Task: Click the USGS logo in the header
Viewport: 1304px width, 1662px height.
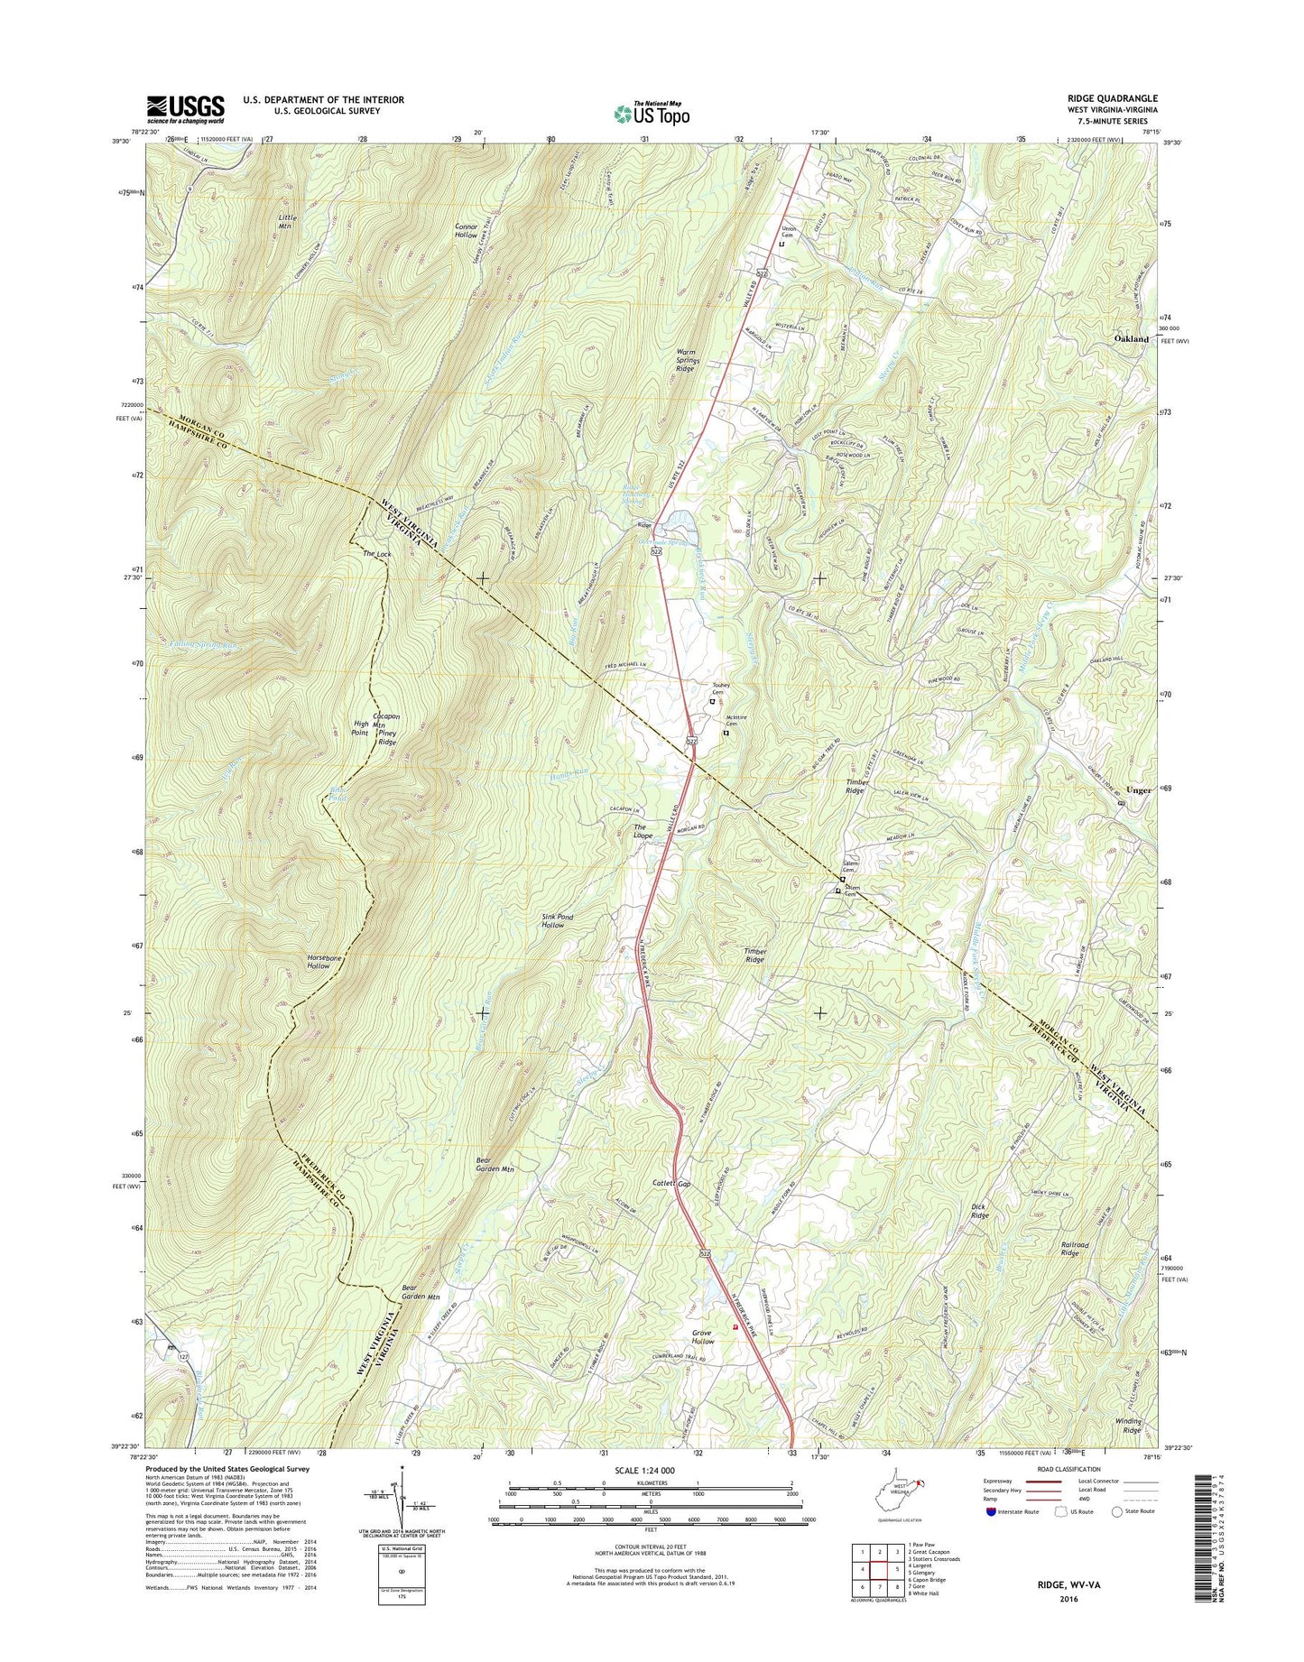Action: click(185, 109)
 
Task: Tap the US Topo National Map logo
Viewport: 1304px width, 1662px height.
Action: click(652, 113)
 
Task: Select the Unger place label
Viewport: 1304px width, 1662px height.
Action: click(1139, 789)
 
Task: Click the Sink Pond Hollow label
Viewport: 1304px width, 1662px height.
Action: click(557, 920)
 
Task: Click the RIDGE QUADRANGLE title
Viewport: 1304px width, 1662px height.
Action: click(1112, 98)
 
